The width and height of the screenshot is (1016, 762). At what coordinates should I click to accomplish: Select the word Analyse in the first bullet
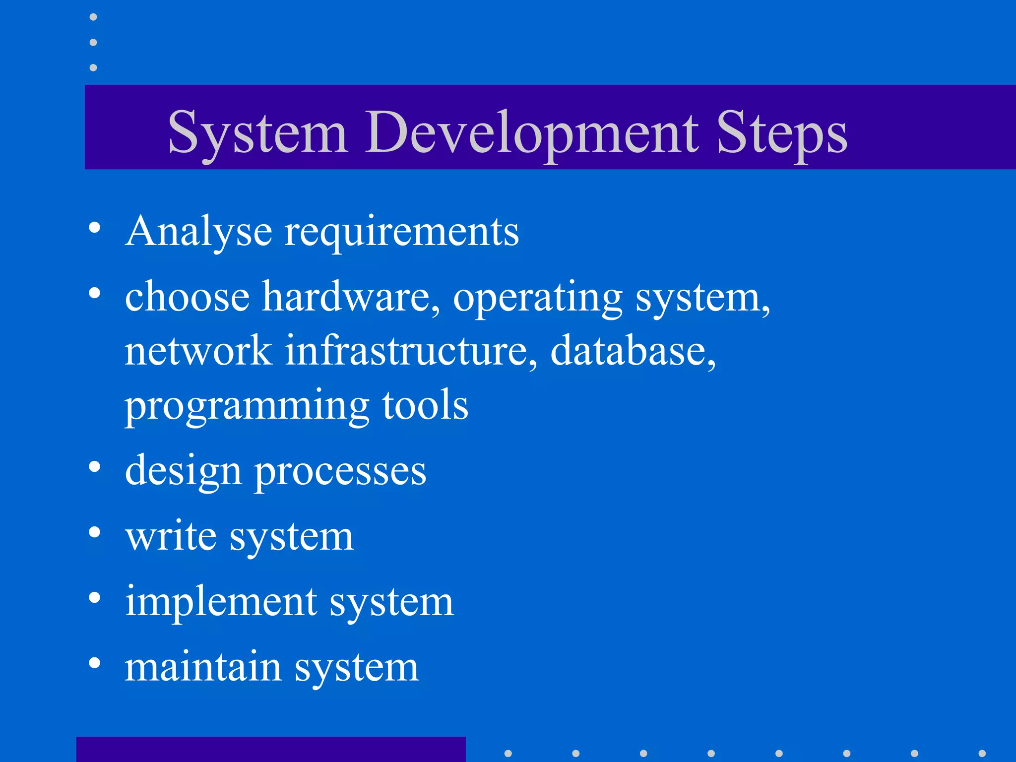pos(198,231)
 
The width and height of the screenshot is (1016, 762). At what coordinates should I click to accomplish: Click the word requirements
pos(401,232)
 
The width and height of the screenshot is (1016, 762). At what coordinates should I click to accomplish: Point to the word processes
pos(340,471)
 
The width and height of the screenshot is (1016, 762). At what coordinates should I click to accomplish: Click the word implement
pos(221,601)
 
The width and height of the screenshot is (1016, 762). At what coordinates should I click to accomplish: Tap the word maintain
pos(203,667)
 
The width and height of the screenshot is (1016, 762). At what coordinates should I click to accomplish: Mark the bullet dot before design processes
pos(94,467)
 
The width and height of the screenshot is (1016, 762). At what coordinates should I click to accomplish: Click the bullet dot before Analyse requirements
pos(94,228)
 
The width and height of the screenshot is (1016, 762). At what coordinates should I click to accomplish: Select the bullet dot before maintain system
pos(94,663)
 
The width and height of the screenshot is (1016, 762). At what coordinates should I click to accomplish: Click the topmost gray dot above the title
pos(93,17)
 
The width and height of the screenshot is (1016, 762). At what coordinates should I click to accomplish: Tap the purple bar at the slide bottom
pos(271,749)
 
